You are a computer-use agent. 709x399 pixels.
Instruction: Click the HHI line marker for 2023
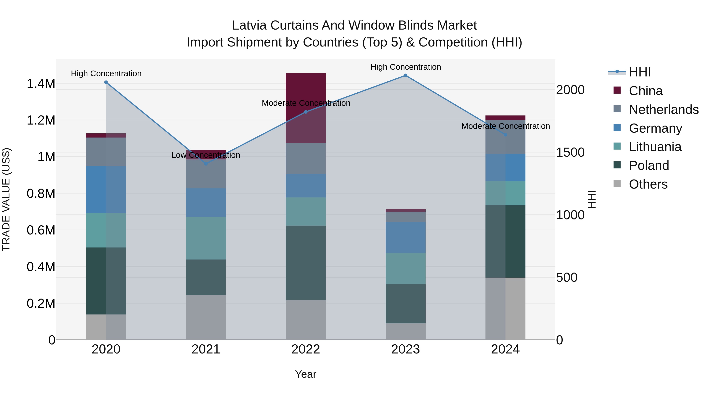(x=406, y=75)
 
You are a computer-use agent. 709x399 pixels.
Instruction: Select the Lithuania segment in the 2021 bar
(x=206, y=238)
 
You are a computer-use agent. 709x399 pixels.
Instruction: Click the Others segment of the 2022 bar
(x=305, y=320)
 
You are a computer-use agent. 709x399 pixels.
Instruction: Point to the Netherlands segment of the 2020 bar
(x=106, y=152)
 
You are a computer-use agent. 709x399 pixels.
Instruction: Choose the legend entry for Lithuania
(x=655, y=147)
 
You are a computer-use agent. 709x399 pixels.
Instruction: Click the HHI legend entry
(x=640, y=72)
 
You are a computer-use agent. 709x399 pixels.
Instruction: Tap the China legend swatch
(x=617, y=90)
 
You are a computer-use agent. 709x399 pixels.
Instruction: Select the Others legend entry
(x=648, y=184)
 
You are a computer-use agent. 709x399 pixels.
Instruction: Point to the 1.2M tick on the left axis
(x=41, y=120)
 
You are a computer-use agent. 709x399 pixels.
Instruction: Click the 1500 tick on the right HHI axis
(x=570, y=152)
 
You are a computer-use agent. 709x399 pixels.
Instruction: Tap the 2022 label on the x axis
(x=305, y=349)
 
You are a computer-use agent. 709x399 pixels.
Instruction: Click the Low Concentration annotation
(x=206, y=155)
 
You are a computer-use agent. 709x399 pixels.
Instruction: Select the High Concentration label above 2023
(x=406, y=67)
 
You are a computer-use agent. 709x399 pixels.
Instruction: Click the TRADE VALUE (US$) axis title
(x=6, y=199)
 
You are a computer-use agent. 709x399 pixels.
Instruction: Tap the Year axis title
(x=305, y=374)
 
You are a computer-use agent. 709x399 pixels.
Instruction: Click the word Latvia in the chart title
(x=249, y=25)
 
